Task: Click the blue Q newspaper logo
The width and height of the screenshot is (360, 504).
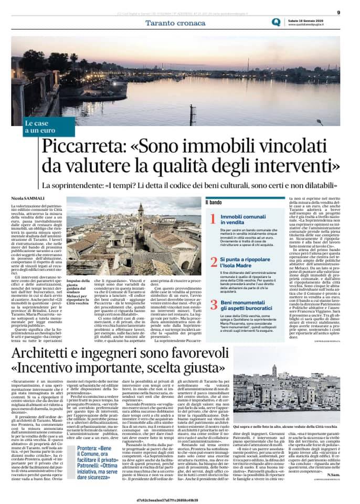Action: (276, 22)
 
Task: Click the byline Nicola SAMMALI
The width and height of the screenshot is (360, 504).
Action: (28, 197)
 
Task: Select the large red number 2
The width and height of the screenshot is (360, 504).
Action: (213, 261)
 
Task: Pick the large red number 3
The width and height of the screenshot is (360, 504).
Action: (213, 304)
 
